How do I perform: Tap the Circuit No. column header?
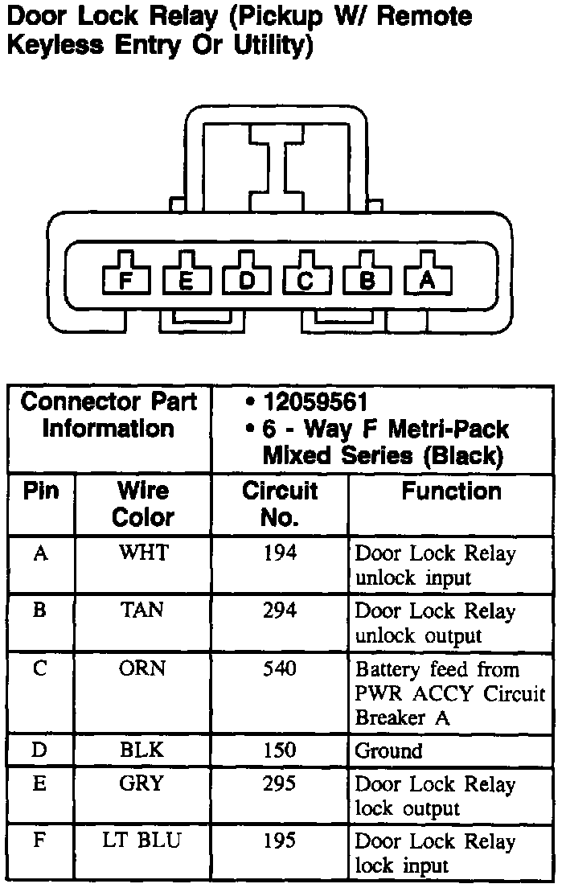coord(280,504)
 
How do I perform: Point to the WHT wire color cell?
coord(142,553)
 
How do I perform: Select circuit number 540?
coord(280,669)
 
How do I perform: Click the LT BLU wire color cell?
coord(142,841)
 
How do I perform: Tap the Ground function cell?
coord(389,751)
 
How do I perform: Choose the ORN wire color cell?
coord(142,669)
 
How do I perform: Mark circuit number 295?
coord(280,784)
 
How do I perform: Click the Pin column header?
coord(40,491)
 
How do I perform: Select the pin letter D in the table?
coord(39,750)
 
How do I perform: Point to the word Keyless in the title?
coord(52,46)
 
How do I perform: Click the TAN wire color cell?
coord(142,611)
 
